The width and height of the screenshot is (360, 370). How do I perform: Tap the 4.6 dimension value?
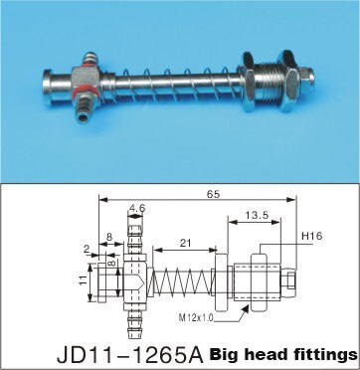point(136,208)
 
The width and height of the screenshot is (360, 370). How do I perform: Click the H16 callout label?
point(309,237)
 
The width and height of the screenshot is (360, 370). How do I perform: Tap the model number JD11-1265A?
point(128,353)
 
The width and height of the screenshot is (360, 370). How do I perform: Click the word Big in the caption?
point(232,353)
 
